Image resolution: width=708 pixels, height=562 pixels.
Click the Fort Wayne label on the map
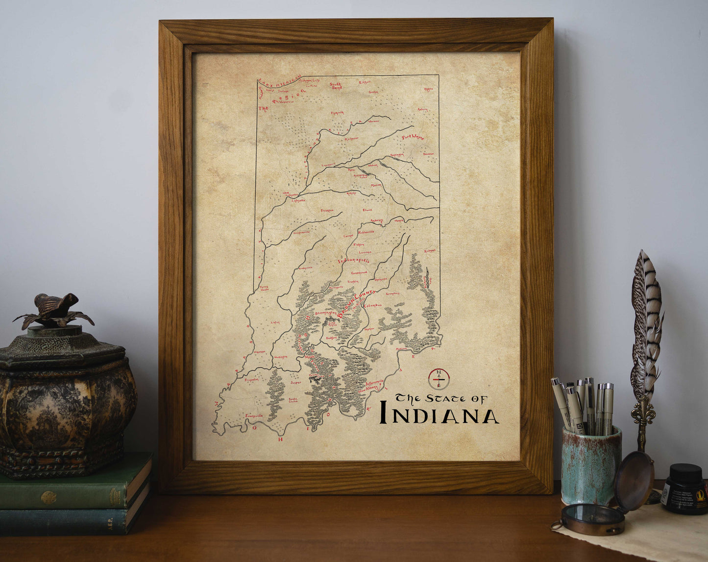pyautogui.click(x=413, y=137)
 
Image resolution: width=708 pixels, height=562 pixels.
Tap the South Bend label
pyautogui.click(x=337, y=86)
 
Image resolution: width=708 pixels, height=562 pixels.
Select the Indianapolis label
pyautogui.click(x=354, y=260)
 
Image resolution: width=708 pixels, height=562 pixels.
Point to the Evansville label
pyautogui.click(x=254, y=415)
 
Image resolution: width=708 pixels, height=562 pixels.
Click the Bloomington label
pyautogui.click(x=327, y=313)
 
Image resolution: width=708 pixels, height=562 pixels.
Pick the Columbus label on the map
pyautogui.click(x=372, y=305)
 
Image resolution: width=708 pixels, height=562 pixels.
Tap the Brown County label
pyautogui.click(x=357, y=304)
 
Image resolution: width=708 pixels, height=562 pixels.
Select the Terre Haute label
pyautogui.click(x=264, y=288)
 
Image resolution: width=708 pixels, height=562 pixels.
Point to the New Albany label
pyautogui.click(x=368, y=389)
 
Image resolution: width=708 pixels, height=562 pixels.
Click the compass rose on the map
pyautogui.click(x=439, y=379)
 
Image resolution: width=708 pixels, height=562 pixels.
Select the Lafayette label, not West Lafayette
pyautogui.click(x=298, y=200)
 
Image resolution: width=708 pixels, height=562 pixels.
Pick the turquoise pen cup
pyautogui.click(x=591, y=465)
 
